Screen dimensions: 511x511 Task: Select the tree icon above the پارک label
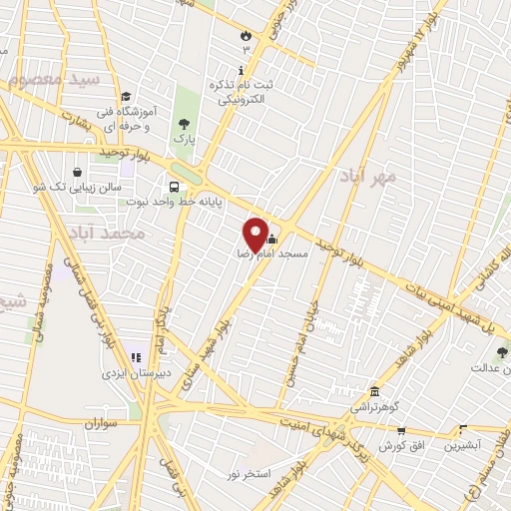tap(183, 124)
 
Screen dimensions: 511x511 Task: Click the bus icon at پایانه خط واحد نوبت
tap(175, 187)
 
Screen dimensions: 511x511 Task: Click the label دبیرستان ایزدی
tap(134, 373)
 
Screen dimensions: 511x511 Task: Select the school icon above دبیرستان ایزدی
tap(135, 357)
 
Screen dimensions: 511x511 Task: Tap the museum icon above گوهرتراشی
tap(374, 391)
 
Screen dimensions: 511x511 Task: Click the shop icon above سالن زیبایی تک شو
tap(78, 171)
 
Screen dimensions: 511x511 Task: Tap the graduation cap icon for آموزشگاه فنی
tap(126, 97)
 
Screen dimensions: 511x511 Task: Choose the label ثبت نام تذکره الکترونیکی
tap(241, 93)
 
